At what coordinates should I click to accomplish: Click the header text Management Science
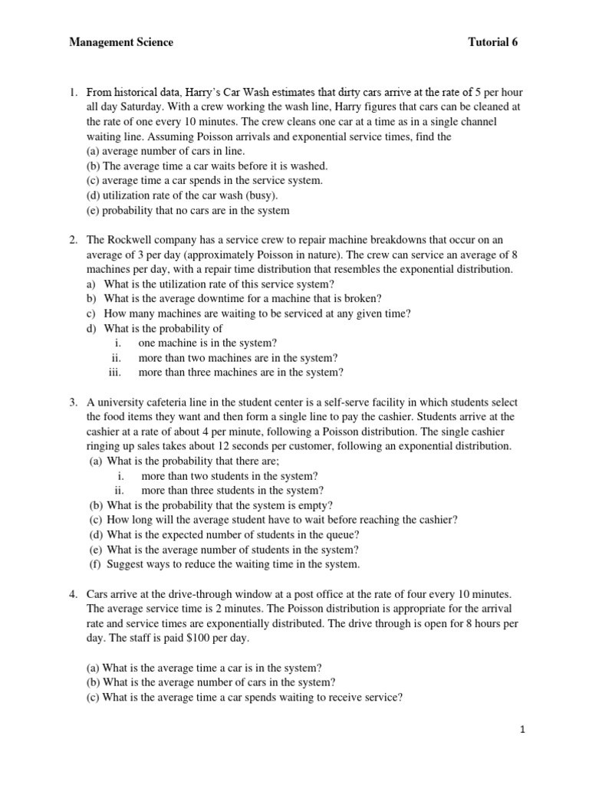(121, 43)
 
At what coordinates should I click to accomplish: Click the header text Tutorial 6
(493, 43)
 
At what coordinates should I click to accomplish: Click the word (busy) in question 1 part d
(260, 195)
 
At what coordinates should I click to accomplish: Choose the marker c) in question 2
(91, 314)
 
